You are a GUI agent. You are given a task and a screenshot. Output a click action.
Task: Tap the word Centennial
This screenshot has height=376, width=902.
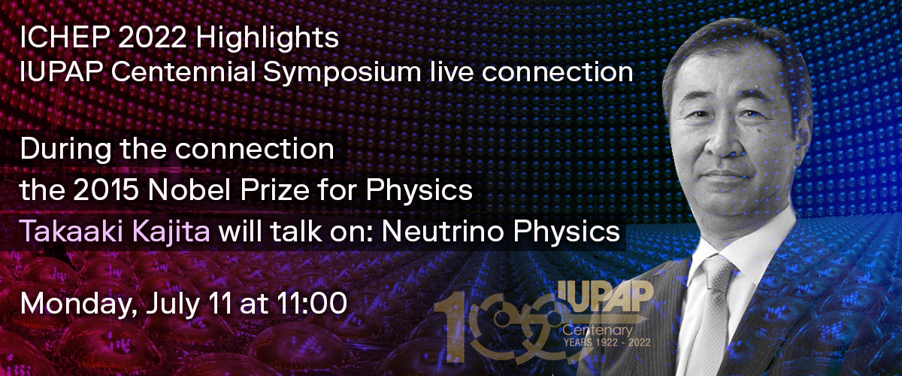click(x=183, y=72)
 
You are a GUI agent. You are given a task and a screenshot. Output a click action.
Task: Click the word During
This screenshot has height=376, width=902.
click(x=65, y=149)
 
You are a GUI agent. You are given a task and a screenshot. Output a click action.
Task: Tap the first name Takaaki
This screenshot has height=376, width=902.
click(x=71, y=231)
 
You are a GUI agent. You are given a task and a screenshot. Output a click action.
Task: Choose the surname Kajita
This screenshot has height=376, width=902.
click(x=171, y=232)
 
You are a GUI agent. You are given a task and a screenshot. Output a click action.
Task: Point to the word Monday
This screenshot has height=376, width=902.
click(x=77, y=304)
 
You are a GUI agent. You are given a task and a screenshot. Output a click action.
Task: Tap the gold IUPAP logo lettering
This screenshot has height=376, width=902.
click(x=605, y=296)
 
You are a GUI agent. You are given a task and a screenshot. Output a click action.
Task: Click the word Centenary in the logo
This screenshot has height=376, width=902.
click(x=598, y=331)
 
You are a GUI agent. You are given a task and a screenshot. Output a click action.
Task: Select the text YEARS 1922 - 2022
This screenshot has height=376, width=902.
click(x=607, y=343)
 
